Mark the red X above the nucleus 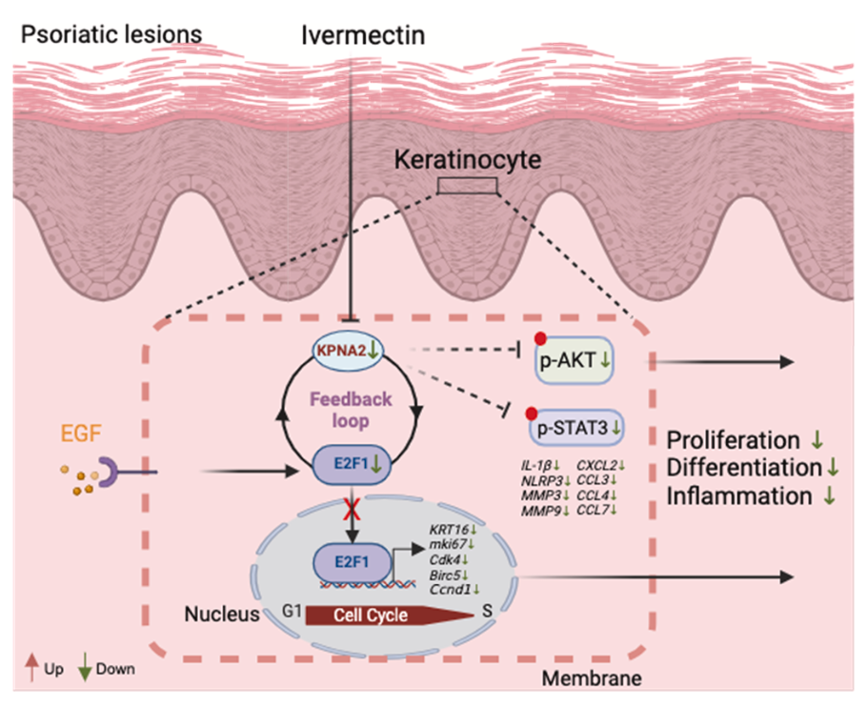click(x=353, y=506)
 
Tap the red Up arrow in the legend click(x=30, y=668)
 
